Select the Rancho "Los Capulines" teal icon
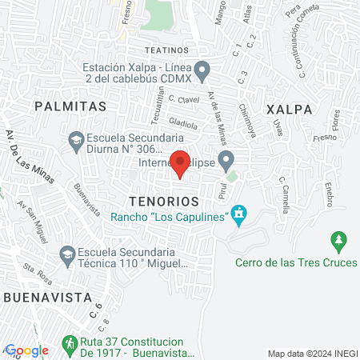pos(237,214)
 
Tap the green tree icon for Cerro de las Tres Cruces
pos(338,239)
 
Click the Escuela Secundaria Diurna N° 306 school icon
pos(75,142)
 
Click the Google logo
pos(26,350)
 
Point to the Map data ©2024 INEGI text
pos(312,354)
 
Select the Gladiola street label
pos(182,126)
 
